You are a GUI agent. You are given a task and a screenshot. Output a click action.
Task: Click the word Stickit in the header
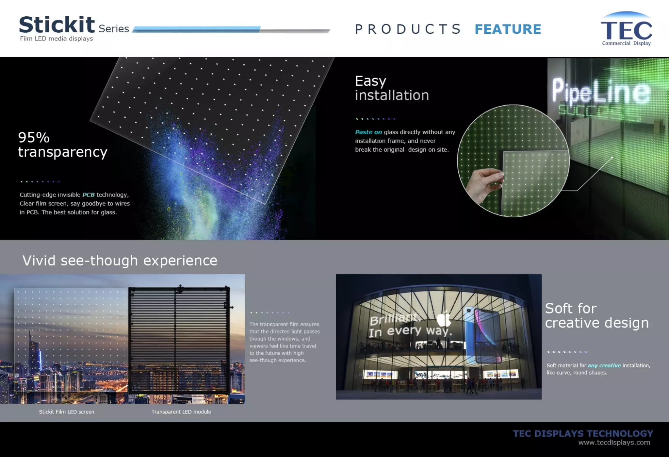(57, 25)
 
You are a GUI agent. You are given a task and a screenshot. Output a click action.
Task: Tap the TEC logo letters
(626, 30)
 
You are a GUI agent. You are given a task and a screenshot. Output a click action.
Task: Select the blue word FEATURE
(508, 29)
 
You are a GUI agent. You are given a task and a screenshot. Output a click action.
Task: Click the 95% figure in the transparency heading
(34, 138)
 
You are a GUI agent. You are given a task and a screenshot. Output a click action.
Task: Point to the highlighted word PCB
(88, 195)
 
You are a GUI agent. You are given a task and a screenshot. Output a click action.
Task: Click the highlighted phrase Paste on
(368, 132)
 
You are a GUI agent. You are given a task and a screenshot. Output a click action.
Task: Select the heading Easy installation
(391, 88)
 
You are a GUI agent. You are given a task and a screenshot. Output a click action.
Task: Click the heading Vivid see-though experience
(120, 261)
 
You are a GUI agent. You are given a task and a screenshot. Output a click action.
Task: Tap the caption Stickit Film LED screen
(67, 412)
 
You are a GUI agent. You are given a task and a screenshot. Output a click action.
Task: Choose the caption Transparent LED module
(181, 412)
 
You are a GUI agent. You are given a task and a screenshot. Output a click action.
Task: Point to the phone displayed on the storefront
(482, 335)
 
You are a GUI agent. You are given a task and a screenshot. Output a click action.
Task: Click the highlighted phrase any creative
(604, 365)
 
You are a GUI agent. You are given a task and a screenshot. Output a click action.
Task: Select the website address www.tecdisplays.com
(614, 443)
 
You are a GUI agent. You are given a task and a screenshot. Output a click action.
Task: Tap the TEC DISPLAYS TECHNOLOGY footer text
(583, 433)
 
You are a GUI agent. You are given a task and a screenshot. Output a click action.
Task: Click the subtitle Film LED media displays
(57, 39)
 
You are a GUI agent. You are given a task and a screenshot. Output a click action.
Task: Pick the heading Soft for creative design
(596, 315)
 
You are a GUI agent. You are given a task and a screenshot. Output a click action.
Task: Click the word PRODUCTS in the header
(408, 29)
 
